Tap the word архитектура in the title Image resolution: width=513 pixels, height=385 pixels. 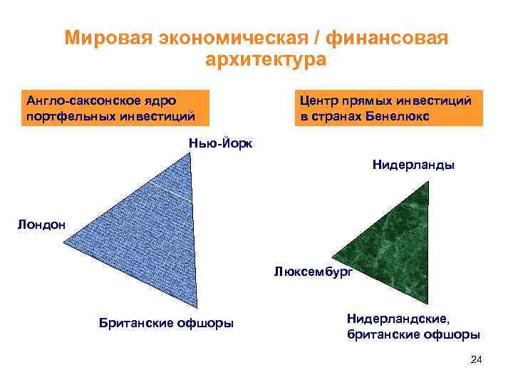(265, 60)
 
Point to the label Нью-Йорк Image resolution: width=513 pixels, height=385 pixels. (220, 143)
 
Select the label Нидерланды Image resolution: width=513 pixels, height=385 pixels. (413, 165)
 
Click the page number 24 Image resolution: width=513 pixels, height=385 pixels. (477, 360)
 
